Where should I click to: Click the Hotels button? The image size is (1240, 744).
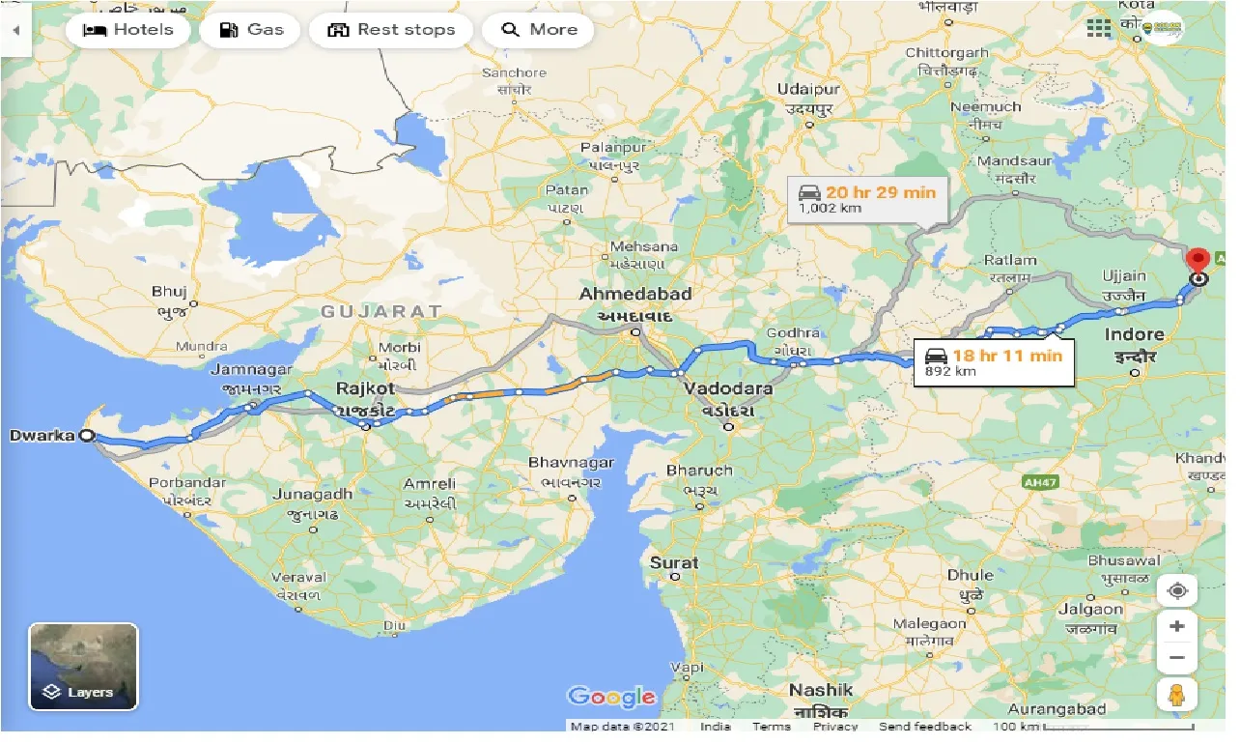(127, 29)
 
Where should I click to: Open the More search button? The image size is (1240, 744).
(538, 29)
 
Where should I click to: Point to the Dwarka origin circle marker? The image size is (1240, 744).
(87, 436)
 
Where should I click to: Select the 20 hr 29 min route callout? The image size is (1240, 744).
(867, 199)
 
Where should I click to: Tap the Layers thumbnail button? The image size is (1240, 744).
(84, 667)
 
